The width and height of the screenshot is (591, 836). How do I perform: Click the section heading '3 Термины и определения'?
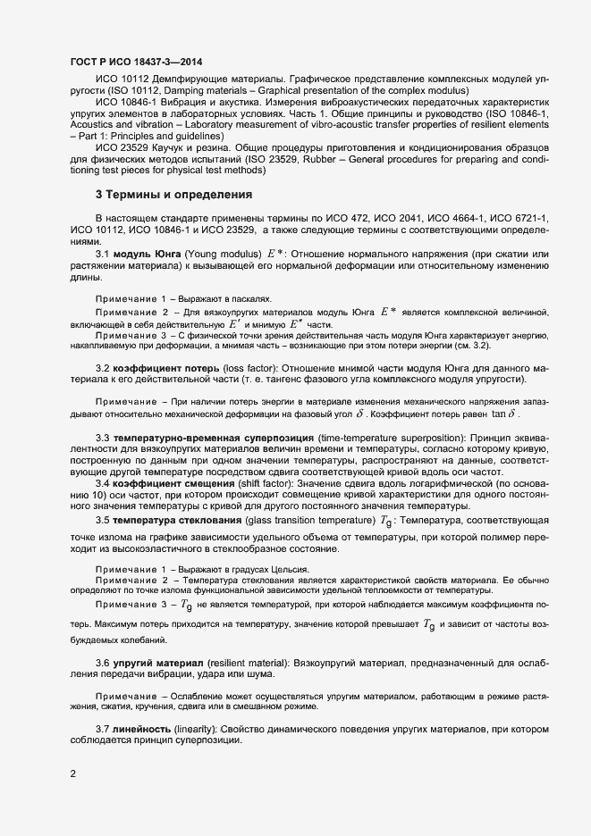coord(173,194)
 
